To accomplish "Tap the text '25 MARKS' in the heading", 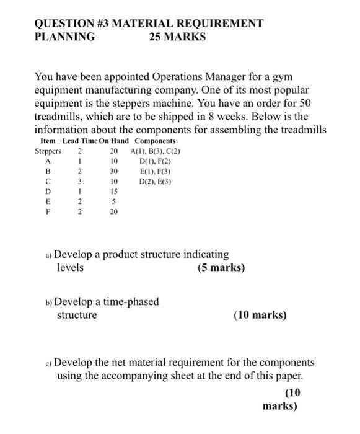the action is pos(177,37).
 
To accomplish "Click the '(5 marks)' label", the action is pos(221,268).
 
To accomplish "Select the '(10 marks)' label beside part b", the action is pos(260,315).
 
